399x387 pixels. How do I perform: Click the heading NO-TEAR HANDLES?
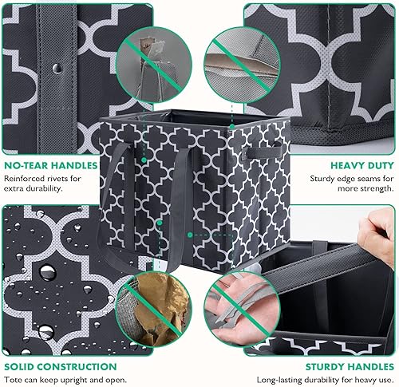point(50,165)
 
